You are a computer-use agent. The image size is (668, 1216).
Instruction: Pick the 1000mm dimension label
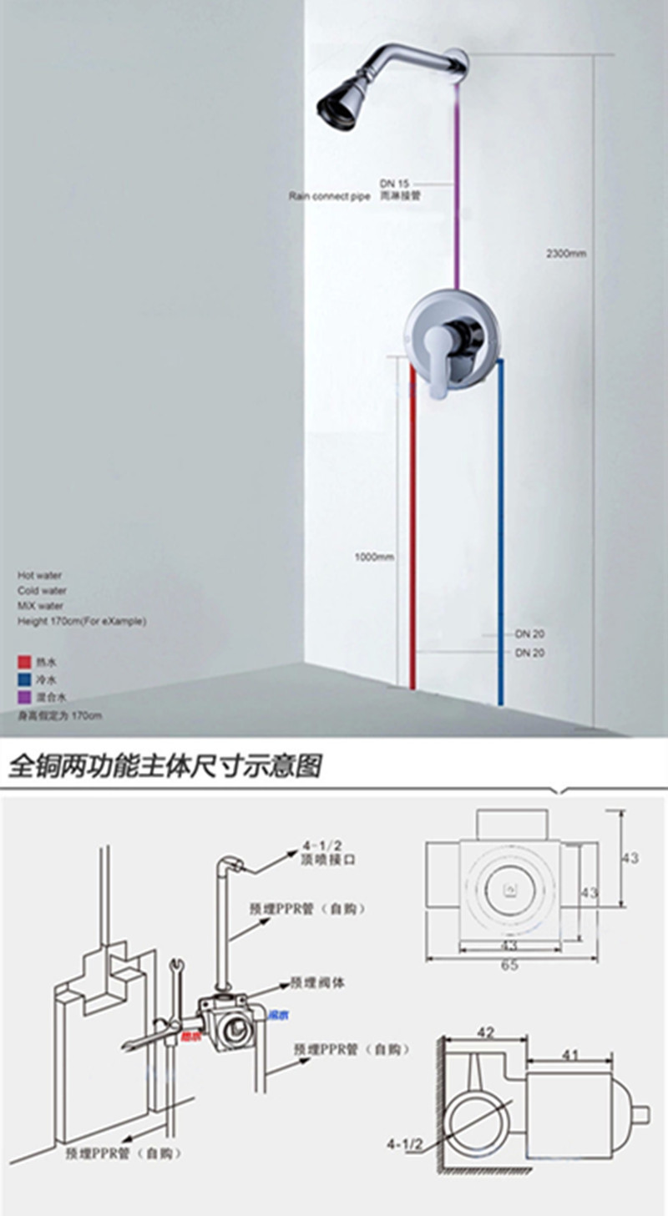pyautogui.click(x=372, y=557)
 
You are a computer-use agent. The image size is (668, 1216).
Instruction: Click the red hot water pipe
pyautogui.click(x=412, y=534)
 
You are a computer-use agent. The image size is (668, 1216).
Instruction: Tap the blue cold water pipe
pyautogui.click(x=500, y=534)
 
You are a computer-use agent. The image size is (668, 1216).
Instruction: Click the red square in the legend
pyautogui.click(x=23, y=662)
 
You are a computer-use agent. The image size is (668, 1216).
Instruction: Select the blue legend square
pyautogui.click(x=23, y=679)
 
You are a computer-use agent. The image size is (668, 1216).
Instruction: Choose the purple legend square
pyautogui.click(x=23, y=697)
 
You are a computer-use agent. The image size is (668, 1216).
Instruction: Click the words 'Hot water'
pyautogui.click(x=39, y=575)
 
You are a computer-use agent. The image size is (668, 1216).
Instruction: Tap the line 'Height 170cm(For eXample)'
pyautogui.click(x=82, y=622)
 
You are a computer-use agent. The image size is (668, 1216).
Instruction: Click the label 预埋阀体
pyautogui.click(x=316, y=983)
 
